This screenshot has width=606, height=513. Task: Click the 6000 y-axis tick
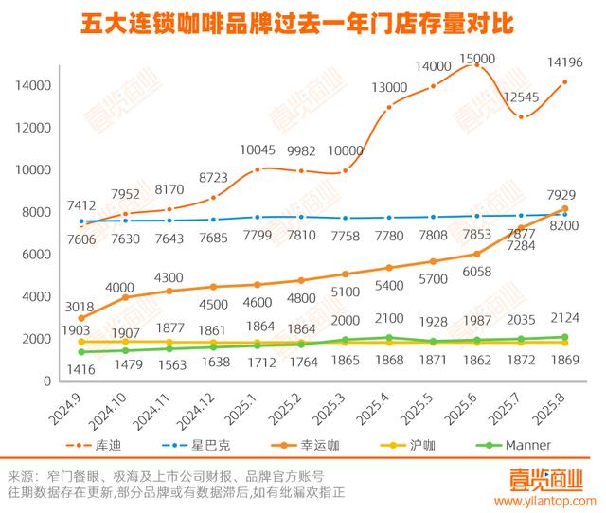tap(35, 255)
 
